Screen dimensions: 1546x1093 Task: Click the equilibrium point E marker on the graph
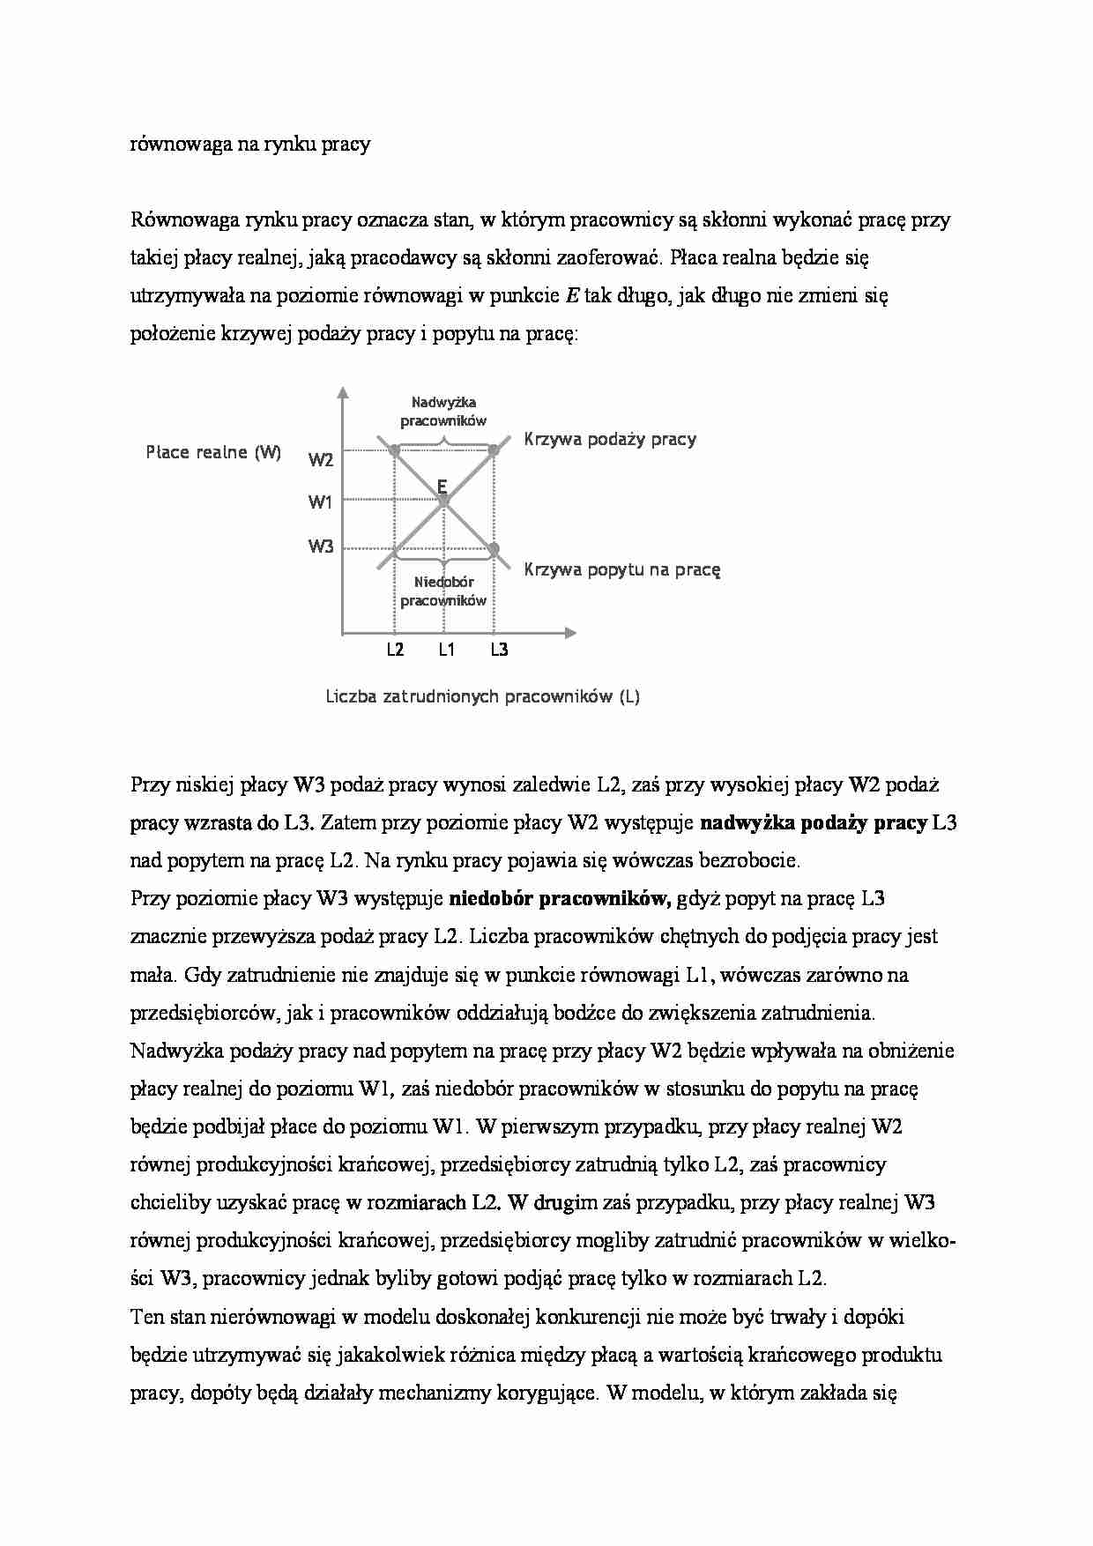pyautogui.click(x=444, y=500)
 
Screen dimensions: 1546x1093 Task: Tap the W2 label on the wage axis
pyautogui.click(x=321, y=460)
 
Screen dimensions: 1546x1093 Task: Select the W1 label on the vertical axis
pyautogui.click(x=320, y=502)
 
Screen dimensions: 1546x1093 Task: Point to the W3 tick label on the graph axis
pyautogui.click(x=321, y=546)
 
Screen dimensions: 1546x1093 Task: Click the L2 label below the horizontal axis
pyautogui.click(x=395, y=650)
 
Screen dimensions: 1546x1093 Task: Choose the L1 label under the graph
pyautogui.click(x=446, y=650)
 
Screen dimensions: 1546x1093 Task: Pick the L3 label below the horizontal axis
pyautogui.click(x=499, y=650)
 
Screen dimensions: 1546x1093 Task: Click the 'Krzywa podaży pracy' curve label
pyautogui.click(x=610, y=439)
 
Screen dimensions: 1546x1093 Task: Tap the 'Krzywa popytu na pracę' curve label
pyautogui.click(x=622, y=569)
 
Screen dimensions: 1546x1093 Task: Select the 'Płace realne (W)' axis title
pyautogui.click(x=213, y=453)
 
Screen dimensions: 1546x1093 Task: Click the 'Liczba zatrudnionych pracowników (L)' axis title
pyautogui.click(x=483, y=696)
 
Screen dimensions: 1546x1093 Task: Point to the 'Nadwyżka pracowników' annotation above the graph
pyautogui.click(x=443, y=412)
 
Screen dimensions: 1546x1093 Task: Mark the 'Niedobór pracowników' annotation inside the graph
pyautogui.click(x=443, y=591)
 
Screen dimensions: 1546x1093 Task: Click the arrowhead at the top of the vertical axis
pyautogui.click(x=343, y=392)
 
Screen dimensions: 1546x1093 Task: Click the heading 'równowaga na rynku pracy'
pyautogui.click(x=250, y=144)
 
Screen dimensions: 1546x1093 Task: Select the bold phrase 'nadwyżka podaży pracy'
pyautogui.click(x=813, y=823)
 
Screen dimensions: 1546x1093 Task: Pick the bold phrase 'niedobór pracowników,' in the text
pyautogui.click(x=560, y=899)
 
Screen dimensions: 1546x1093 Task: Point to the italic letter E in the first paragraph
pyautogui.click(x=571, y=296)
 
